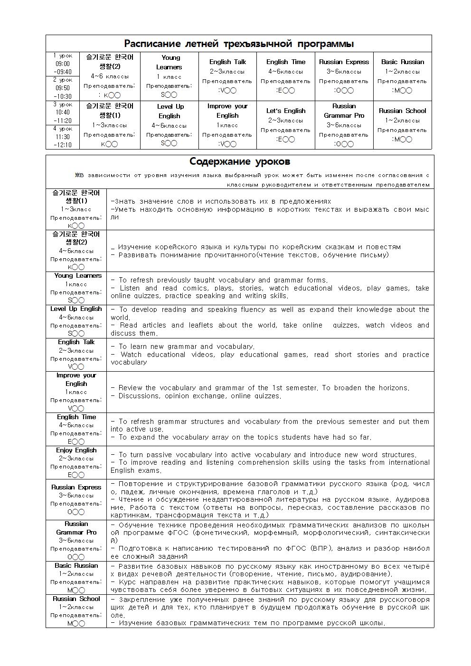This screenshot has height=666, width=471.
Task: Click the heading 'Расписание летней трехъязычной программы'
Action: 238,44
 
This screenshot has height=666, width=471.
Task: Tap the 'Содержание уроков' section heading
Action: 240,162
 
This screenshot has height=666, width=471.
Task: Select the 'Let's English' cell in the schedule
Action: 285,111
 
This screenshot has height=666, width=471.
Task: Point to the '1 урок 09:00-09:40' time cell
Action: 63,64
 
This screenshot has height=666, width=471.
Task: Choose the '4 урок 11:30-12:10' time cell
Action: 63,137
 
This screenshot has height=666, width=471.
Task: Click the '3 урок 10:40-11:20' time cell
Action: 63,113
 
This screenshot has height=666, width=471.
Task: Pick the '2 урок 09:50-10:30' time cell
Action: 63,88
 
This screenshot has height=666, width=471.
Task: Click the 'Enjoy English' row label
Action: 76,450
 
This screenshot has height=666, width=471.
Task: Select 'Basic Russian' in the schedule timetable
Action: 402,62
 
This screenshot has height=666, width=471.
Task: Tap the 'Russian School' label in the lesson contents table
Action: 76,599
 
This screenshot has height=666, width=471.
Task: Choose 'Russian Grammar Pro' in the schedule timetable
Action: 344,111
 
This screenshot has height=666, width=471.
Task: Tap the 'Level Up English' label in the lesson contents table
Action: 76,309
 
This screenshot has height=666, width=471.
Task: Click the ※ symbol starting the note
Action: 77,175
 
